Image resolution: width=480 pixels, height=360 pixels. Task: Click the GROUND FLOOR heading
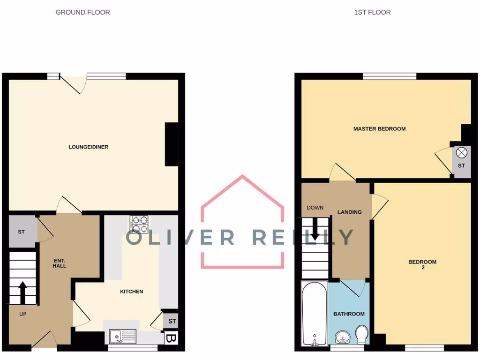tap(82, 12)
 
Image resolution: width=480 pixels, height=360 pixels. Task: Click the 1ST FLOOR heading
tap(372, 12)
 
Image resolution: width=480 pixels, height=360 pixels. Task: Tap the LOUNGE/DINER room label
tap(89, 147)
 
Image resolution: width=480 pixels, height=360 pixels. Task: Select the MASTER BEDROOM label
tap(379, 128)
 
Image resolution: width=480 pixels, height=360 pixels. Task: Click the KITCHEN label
tap(132, 292)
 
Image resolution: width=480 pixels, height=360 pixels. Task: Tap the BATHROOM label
tap(349, 314)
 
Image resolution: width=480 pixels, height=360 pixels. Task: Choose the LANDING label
tap(350, 212)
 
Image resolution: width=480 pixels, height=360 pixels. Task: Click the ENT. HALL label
tap(60, 262)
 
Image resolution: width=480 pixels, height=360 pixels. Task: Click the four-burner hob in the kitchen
tap(139, 224)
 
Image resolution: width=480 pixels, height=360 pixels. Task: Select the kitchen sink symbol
tap(123, 336)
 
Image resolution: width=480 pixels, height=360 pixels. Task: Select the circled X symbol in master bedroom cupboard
tap(462, 152)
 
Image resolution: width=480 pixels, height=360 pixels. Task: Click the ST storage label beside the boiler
tap(172, 321)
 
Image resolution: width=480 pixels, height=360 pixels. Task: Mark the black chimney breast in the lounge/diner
tap(172, 144)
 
